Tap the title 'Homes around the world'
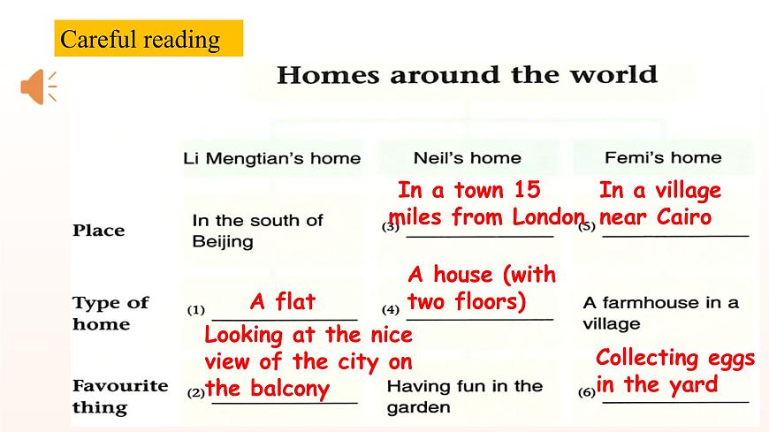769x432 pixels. tap(467, 74)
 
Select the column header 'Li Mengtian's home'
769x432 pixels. tap(271, 159)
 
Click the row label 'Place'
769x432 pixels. tap(98, 231)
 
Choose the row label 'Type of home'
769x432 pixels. tap(110, 313)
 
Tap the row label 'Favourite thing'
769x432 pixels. tap(119, 396)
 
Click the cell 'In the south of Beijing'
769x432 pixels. tap(256, 231)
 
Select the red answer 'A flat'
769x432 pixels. tap(282, 302)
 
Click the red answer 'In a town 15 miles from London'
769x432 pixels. tap(485, 203)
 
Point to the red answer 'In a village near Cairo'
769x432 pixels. tap(659, 203)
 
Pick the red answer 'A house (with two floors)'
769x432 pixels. tap(481, 288)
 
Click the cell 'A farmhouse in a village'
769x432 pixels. tap(659, 313)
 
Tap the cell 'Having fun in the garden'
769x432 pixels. tap(464, 397)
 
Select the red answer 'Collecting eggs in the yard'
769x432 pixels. tap(674, 371)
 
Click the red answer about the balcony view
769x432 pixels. tap(307, 361)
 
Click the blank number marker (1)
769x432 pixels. tap(195, 310)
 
